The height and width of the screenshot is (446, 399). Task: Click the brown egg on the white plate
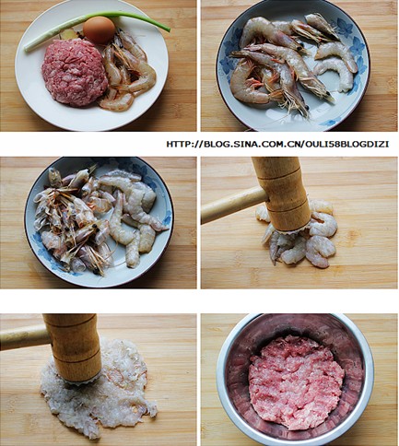click(99, 29)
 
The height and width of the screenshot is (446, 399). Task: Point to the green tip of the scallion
click(168, 29)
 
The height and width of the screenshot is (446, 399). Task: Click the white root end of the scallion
click(28, 48)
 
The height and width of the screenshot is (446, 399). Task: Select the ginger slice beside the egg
click(69, 34)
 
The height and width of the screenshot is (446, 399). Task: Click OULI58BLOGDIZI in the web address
click(346, 144)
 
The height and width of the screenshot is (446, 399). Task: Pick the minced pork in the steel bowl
click(296, 382)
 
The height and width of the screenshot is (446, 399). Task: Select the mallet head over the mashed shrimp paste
click(74, 348)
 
